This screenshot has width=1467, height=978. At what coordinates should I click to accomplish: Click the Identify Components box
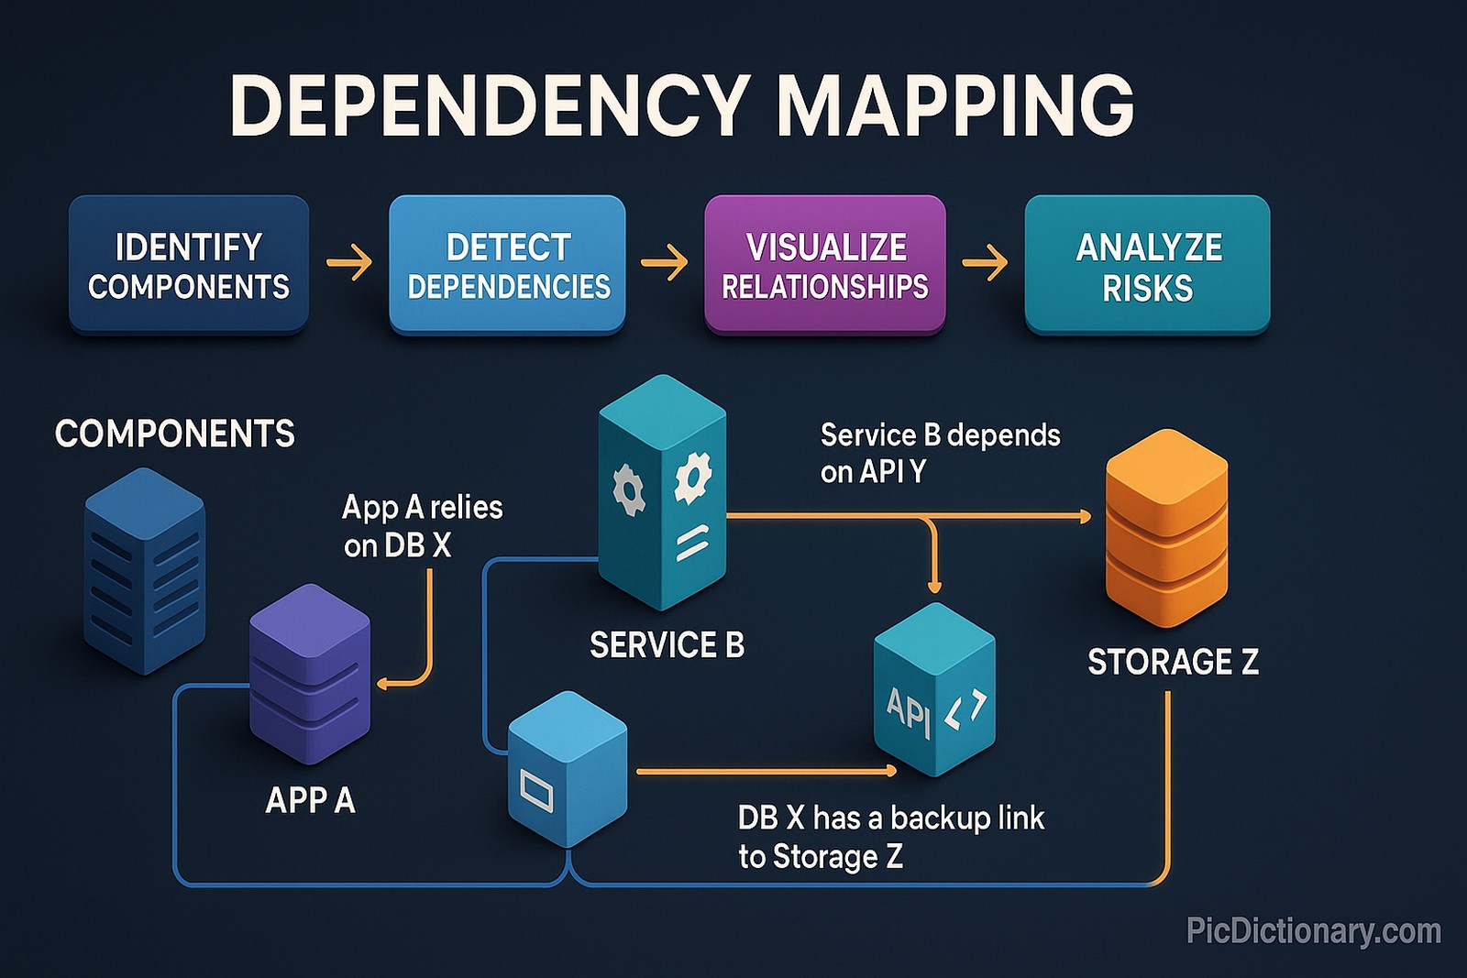coord(188,266)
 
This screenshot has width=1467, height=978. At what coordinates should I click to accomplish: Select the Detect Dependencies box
coord(507,266)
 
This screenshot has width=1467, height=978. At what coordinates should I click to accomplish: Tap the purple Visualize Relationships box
coord(824,266)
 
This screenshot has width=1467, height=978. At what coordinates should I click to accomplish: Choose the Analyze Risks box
coord(1147,266)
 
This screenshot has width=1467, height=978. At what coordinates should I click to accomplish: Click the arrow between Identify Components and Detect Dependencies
coord(349,263)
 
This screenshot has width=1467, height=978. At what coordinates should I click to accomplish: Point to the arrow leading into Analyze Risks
coord(985,264)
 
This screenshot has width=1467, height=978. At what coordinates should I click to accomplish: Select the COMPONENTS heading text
coord(174,434)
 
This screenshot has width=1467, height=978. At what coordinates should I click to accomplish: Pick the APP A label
coord(310,801)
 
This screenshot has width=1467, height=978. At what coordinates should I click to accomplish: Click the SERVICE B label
coord(667,645)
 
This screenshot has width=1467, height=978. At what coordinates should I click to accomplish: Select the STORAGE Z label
coord(1173,662)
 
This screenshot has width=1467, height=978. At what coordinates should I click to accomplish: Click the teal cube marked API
coord(934,691)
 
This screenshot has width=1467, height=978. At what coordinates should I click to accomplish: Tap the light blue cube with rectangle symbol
coord(568,770)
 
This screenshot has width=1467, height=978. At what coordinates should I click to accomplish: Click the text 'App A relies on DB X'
coord(422,526)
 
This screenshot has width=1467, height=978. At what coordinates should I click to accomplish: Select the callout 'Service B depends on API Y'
coord(940,453)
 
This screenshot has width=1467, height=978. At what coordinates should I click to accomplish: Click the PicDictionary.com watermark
coord(1313,931)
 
